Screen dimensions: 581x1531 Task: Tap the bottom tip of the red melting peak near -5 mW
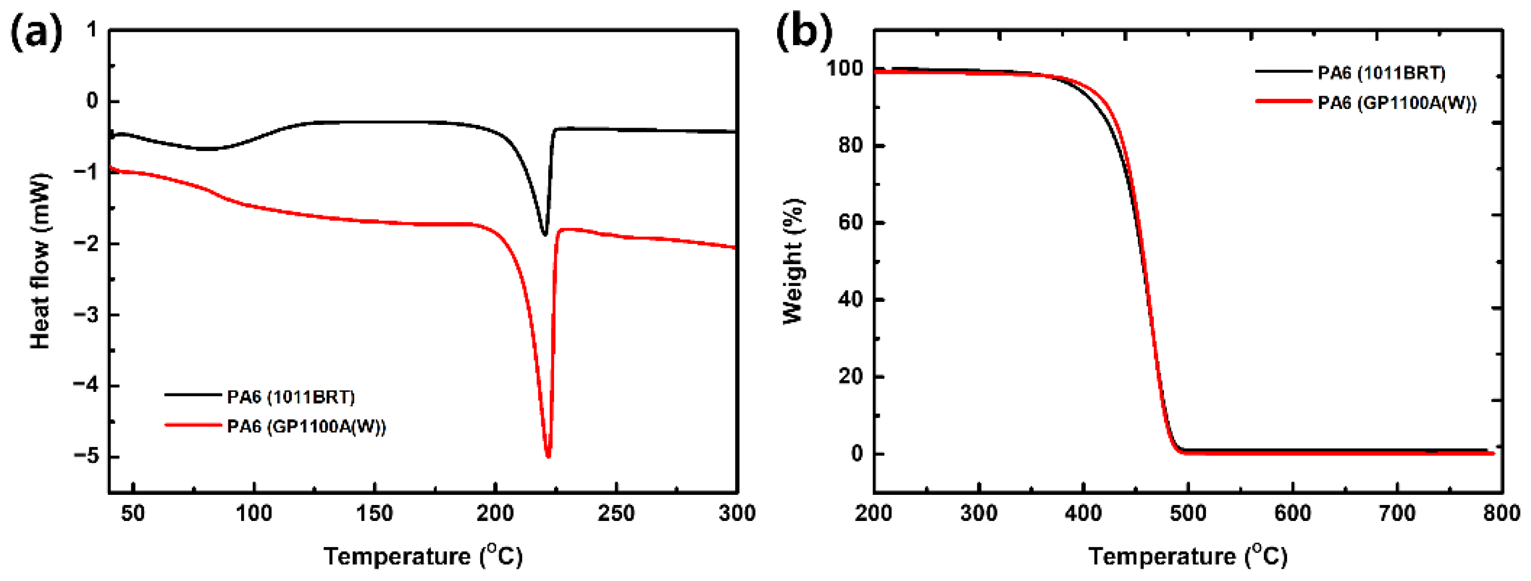[x=548, y=456]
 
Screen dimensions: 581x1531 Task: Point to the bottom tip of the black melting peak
[x=545, y=234]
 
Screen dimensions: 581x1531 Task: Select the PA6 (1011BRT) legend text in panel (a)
[x=291, y=397]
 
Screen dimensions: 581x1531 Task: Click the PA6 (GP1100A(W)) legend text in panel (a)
[x=306, y=426]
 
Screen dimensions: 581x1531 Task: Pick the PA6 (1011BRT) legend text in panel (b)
[x=1381, y=73]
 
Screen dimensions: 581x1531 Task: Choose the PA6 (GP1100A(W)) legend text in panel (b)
[x=1397, y=103]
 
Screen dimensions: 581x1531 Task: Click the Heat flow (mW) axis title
[x=40, y=262]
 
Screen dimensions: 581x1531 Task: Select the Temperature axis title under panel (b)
[x=1187, y=556]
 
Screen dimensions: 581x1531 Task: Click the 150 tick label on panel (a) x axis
[x=375, y=512]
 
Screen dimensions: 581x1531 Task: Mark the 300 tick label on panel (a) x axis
[x=736, y=512]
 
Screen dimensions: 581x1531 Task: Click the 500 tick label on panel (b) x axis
[x=1187, y=512]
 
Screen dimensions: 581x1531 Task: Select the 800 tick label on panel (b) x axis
[x=1501, y=512]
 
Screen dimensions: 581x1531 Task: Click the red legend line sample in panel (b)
[x=1284, y=102]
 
